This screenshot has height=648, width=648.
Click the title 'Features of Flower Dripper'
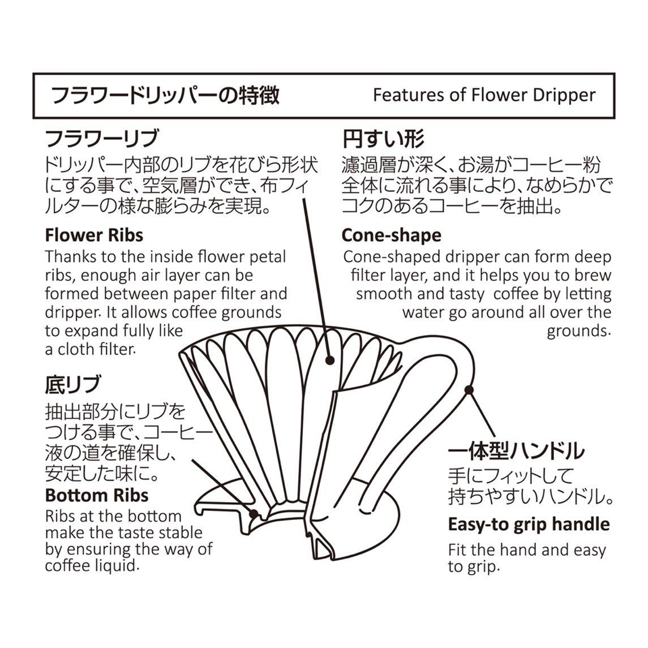(x=484, y=95)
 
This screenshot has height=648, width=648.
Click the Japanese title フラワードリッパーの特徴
(x=165, y=95)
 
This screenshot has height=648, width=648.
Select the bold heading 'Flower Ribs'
(x=94, y=235)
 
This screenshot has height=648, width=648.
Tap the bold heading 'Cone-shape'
(x=392, y=235)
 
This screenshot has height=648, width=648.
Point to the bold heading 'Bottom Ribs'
(x=97, y=495)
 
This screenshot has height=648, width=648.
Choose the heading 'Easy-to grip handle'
(x=529, y=524)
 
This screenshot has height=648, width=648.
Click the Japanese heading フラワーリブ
(x=102, y=139)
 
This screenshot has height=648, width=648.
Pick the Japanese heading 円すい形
(x=383, y=139)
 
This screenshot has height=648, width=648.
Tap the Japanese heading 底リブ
(x=72, y=385)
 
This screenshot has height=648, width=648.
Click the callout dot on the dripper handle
(x=468, y=389)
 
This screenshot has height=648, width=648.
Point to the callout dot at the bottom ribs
(x=254, y=514)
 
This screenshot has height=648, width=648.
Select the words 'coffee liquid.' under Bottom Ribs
(x=92, y=565)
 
